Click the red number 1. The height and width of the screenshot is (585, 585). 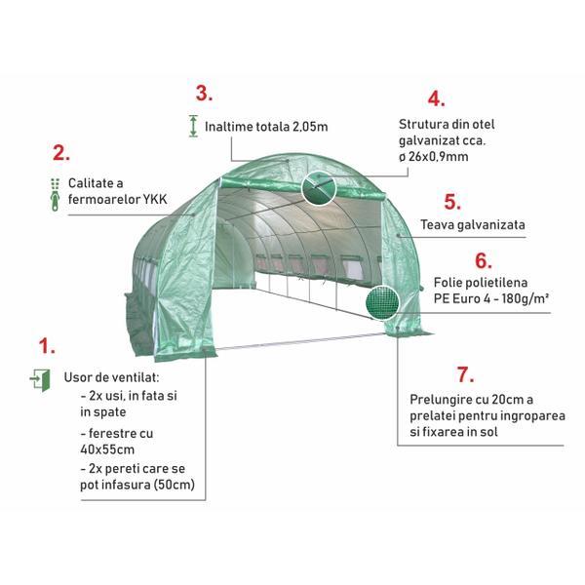[x=47, y=346]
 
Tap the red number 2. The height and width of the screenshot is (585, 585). [x=61, y=153]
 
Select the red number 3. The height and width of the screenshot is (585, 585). [x=205, y=94]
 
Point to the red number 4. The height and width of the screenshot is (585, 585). [x=436, y=99]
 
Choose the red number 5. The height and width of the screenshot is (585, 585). [x=452, y=202]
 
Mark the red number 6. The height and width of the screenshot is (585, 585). [x=484, y=260]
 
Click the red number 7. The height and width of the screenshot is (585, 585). [x=465, y=374]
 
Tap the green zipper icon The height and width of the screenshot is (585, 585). [x=56, y=194]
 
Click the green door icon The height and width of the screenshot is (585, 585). [x=40, y=380]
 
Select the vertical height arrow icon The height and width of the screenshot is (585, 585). [x=193, y=126]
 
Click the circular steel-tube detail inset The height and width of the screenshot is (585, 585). [x=319, y=187]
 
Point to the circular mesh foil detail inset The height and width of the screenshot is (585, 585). [x=381, y=302]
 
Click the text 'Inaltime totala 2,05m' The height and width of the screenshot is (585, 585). [x=266, y=127]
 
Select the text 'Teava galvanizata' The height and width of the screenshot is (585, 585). [x=473, y=224]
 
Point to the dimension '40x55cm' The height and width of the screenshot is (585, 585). [x=107, y=449]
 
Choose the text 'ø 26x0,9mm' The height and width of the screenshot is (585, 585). [x=434, y=157]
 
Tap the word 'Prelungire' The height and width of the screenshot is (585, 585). [x=437, y=400]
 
